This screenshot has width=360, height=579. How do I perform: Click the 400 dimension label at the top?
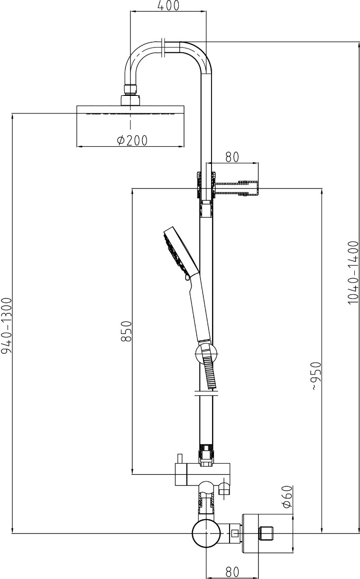point(168,6)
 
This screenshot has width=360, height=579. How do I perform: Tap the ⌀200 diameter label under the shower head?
point(132,140)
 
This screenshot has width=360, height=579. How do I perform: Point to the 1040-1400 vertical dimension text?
point(353,272)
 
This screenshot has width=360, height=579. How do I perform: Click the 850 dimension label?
point(126,331)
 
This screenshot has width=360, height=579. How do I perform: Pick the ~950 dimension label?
point(316,376)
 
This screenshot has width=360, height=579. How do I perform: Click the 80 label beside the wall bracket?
point(232,157)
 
